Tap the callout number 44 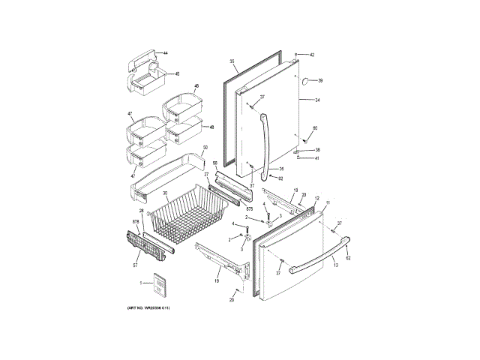tap(166, 53)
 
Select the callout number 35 tap(232, 60)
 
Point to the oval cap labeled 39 tap(307, 80)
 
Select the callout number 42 tap(312, 55)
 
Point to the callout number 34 tap(317, 100)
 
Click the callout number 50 tap(205, 147)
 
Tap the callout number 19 tap(217, 280)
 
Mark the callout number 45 tap(177, 73)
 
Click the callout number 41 tap(316, 158)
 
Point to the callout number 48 tap(211, 127)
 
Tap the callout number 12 tap(317, 198)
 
